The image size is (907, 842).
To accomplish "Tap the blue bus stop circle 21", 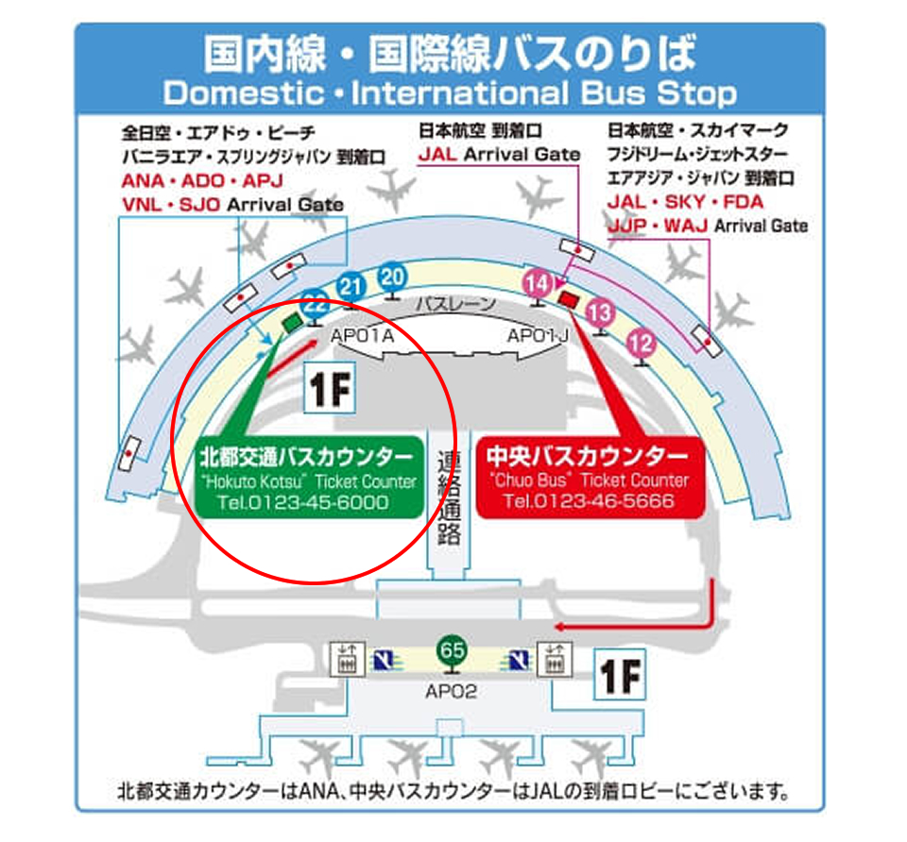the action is tap(351, 286).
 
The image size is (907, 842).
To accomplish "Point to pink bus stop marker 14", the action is tap(537, 282).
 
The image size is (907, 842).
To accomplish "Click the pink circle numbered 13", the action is tap(600, 312).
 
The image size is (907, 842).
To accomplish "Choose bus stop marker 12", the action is tap(641, 342).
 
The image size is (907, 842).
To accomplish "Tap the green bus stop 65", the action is tap(452, 650).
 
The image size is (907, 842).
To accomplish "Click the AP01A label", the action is tap(362, 335).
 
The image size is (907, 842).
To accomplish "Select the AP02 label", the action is tap(451, 692).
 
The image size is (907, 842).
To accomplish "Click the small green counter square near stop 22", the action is tap(291, 324).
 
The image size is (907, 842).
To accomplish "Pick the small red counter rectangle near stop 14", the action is tap(569, 299).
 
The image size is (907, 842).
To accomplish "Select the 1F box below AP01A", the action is tap(329, 391).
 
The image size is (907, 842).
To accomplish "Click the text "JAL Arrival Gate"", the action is tap(499, 154).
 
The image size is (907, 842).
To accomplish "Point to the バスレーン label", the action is tap(453, 304).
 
